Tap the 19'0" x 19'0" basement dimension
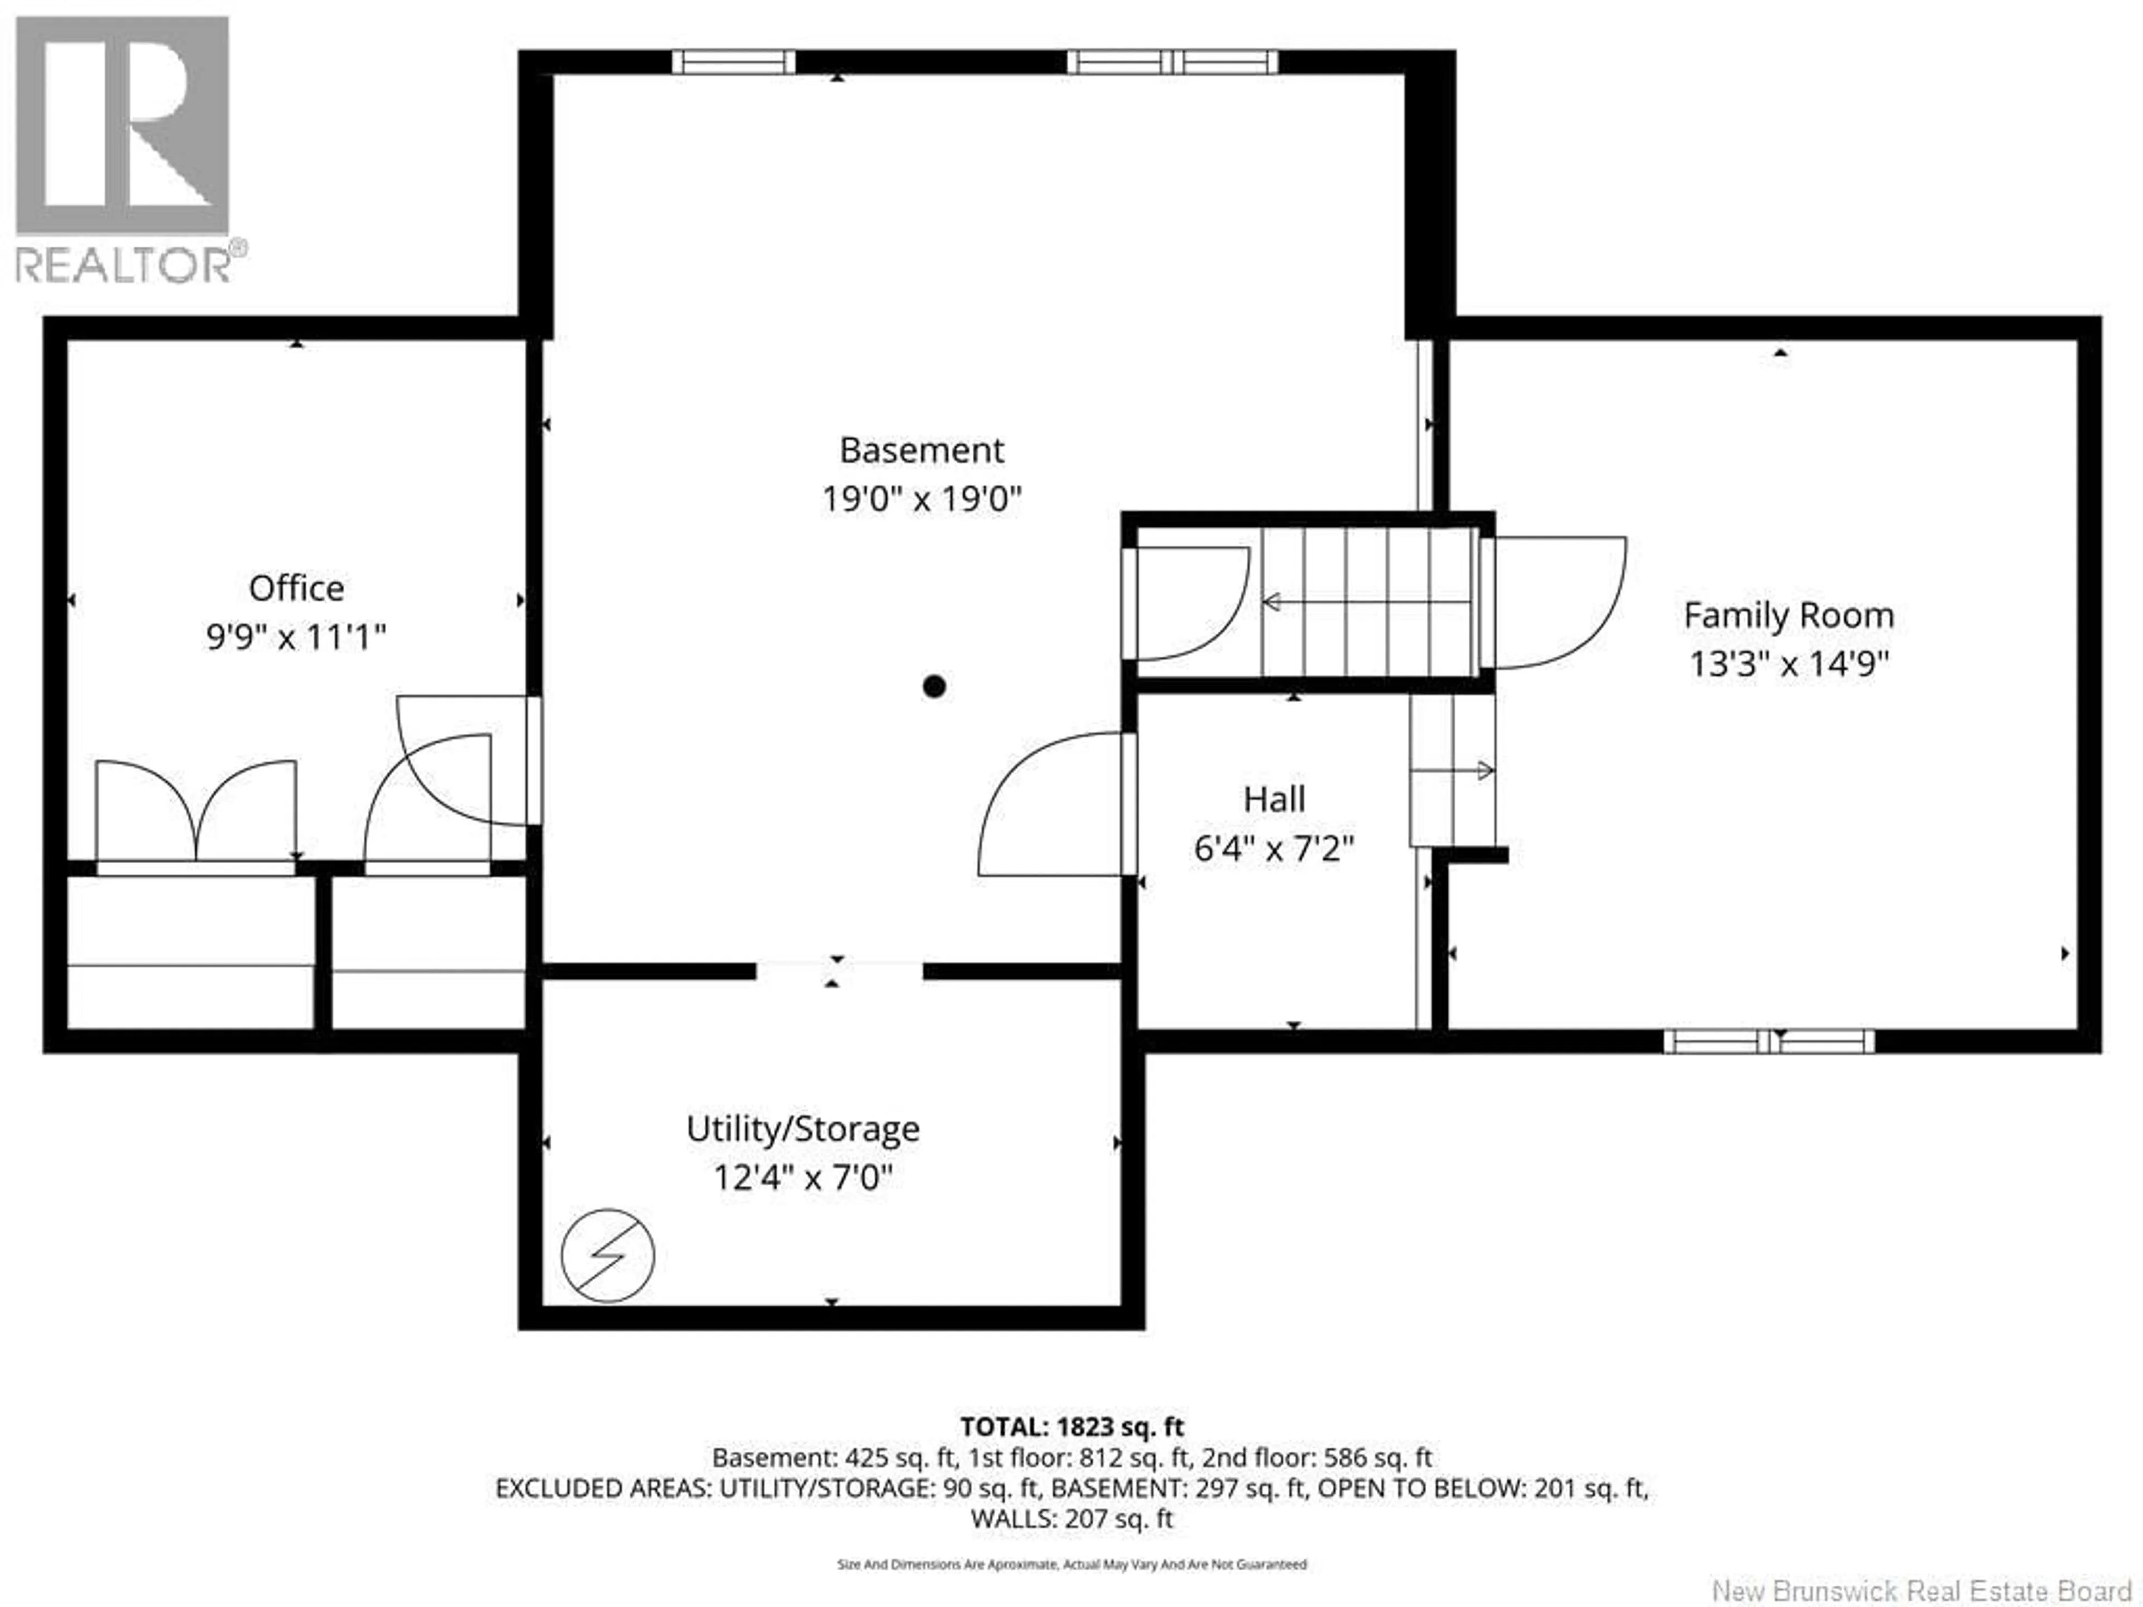coord(921,500)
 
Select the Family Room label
coord(1789,615)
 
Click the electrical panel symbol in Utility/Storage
coord(607,1255)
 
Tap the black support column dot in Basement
coord(934,687)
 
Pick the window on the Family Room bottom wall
coord(1769,1041)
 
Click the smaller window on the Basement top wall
coord(733,62)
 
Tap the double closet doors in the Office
coord(196,814)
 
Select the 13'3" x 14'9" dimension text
coord(1789,665)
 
